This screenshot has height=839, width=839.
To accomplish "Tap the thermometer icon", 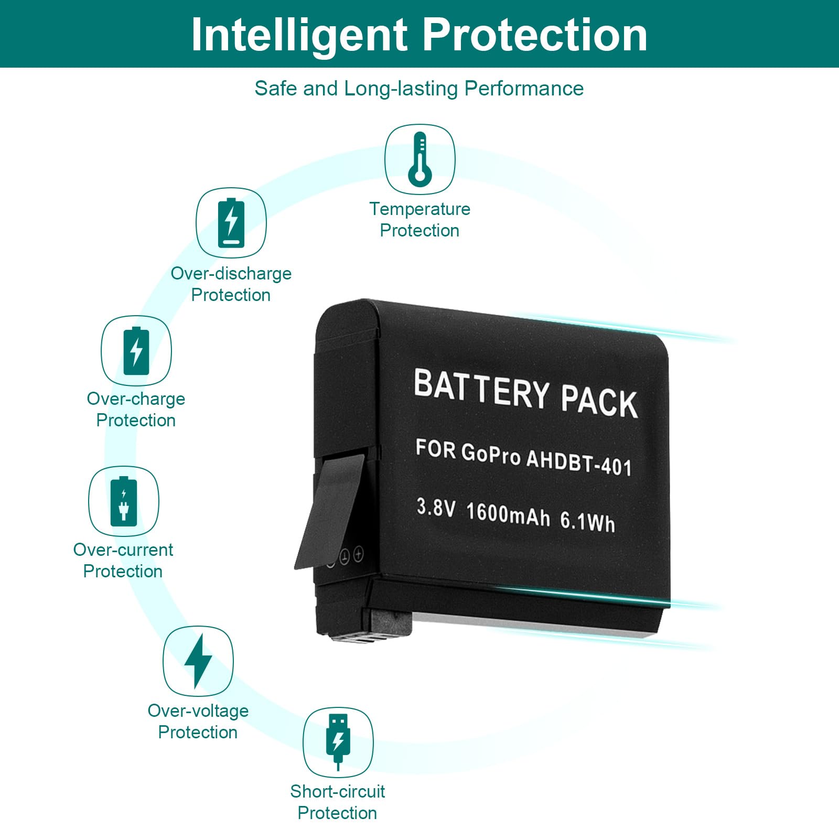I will coord(420,159).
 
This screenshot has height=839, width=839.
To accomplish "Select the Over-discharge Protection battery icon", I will coord(231,223).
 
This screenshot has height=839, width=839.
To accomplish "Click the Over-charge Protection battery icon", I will coord(136,351).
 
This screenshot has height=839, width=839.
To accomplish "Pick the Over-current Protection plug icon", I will coord(124,502).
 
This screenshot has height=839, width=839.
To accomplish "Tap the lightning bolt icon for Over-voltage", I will coord(198,661).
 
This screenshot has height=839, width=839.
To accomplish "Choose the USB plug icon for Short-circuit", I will coord(338,741).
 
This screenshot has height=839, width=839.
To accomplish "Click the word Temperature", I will coord(419,209).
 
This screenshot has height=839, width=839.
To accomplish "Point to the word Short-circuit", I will coord(338,791).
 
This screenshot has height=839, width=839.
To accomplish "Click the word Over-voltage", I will coord(198,711).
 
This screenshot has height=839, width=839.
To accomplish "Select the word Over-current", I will coord(123,550).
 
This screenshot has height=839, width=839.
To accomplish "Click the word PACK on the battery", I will coord(599,402).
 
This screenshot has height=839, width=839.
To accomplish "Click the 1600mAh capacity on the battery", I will coord(508,514).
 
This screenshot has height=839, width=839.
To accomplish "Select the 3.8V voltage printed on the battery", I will coord(436,507).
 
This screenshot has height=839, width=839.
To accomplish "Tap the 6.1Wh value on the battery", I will coord(587,521).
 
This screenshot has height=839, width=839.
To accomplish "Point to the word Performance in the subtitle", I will coord(524,89).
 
